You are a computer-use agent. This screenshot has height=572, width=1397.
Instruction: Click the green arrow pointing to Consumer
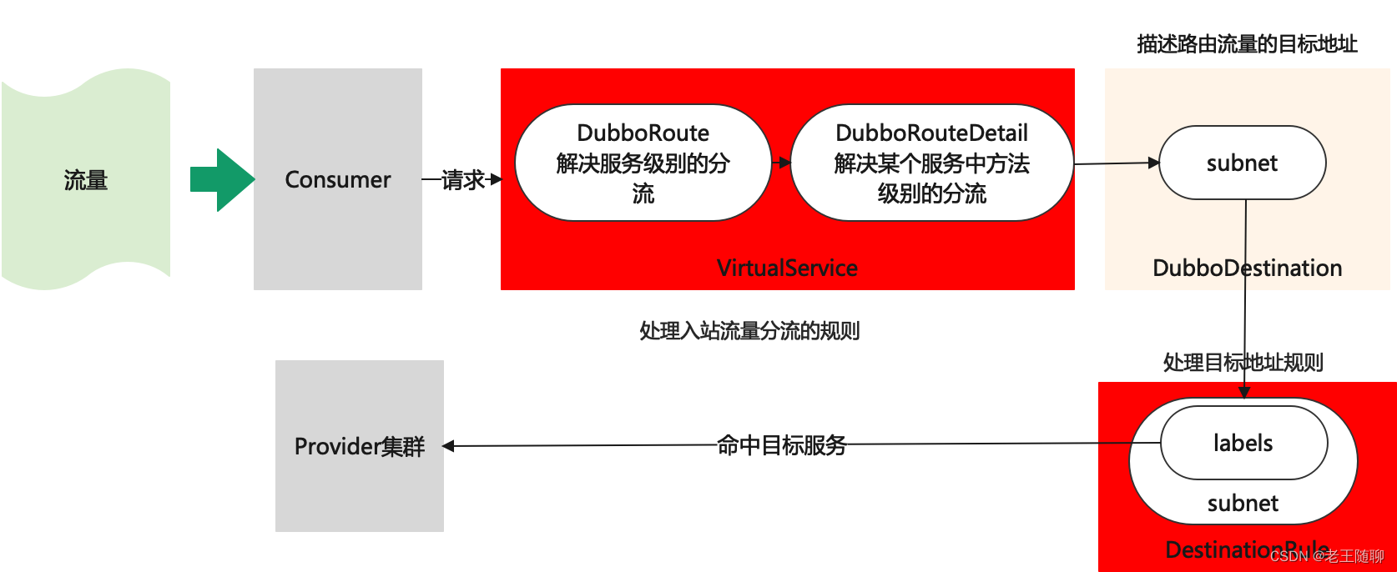point(220,179)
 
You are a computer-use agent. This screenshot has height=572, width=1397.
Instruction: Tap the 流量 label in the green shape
point(86,180)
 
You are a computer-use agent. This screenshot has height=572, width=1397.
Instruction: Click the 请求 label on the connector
point(462,179)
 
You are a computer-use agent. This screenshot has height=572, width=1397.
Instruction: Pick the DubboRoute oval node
point(643,163)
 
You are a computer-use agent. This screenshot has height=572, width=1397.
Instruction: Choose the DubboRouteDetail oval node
point(931,163)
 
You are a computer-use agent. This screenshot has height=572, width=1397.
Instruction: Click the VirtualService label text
point(787,268)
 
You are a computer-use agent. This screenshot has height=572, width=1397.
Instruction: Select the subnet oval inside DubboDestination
point(1242,163)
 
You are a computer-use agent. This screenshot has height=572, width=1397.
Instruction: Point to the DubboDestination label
point(1247,268)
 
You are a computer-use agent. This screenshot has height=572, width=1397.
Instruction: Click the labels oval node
point(1243,443)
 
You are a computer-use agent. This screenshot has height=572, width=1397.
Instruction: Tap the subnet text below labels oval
point(1243,503)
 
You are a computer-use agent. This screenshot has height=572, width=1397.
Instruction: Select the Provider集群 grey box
point(360,446)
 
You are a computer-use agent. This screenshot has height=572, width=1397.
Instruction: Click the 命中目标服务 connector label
point(781,445)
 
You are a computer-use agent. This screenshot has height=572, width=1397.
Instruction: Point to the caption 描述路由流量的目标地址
point(1247,44)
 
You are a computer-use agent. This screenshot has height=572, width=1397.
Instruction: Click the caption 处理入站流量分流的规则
point(749,331)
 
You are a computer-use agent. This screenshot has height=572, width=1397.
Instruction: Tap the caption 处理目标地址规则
point(1243,362)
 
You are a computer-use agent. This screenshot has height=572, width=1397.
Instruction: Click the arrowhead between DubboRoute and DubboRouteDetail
point(784,163)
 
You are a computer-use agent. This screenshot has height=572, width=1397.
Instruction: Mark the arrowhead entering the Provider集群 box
point(448,446)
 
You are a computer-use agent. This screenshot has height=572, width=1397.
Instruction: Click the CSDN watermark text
point(1327,556)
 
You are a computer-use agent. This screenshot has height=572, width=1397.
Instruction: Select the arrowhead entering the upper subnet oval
point(1154,163)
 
